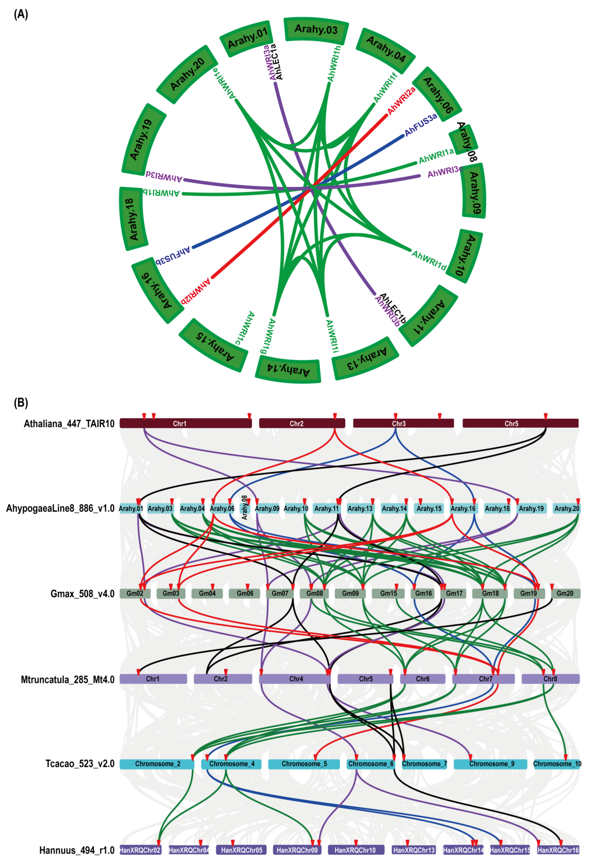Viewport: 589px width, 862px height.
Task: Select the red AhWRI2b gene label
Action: (196, 291)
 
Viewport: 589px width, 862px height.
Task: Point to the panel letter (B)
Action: (21, 402)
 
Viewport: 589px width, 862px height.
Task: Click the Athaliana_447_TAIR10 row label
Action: (69, 424)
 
